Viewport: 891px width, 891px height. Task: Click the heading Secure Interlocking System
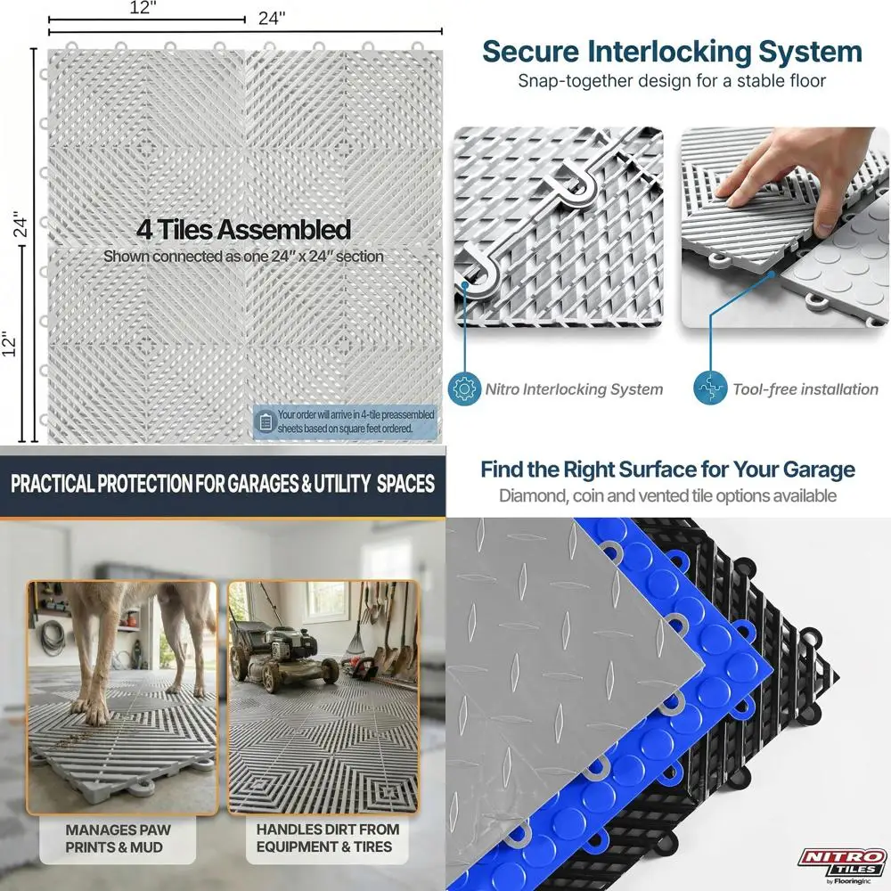click(x=672, y=51)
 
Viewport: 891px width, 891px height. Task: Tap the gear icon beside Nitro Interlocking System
click(x=463, y=388)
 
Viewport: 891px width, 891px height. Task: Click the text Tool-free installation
click(x=805, y=389)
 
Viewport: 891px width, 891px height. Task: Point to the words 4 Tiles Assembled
click(x=243, y=229)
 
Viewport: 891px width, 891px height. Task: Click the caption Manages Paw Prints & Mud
click(x=119, y=838)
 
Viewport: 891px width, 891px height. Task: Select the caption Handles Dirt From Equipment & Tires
click(x=327, y=838)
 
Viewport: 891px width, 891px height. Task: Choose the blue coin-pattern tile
click(x=677, y=677)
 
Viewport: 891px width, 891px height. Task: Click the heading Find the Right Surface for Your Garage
click(x=667, y=470)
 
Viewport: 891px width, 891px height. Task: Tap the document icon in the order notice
click(x=266, y=421)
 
